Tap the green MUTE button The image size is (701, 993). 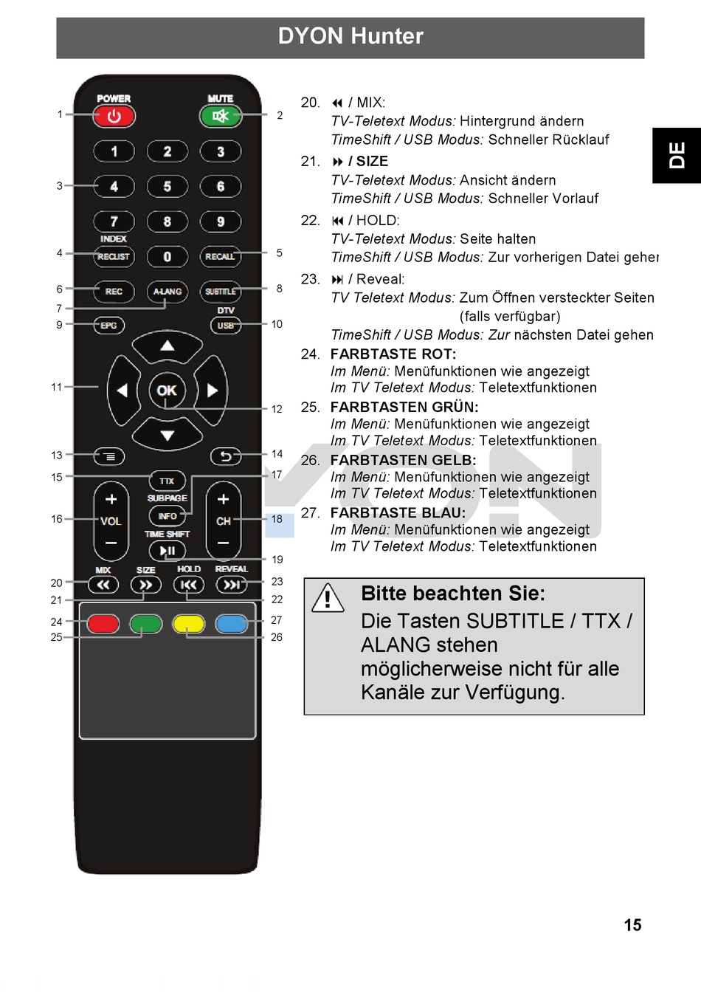220,116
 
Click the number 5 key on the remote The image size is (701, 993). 168,186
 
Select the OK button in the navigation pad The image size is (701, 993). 167,391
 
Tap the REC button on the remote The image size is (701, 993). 114,292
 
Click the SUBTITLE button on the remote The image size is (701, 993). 221,292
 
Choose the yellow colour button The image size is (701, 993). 188,624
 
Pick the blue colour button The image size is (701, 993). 232,624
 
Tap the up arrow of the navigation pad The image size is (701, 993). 168,346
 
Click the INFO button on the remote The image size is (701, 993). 168,516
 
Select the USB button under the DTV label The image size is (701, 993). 225,326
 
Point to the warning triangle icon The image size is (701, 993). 328,598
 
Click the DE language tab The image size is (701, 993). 677,156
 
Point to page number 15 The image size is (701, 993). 632,925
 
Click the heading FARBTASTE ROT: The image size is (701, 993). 393,354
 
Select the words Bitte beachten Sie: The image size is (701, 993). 453,594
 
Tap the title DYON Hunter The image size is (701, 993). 350,36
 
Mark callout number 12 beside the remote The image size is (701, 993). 277,409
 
